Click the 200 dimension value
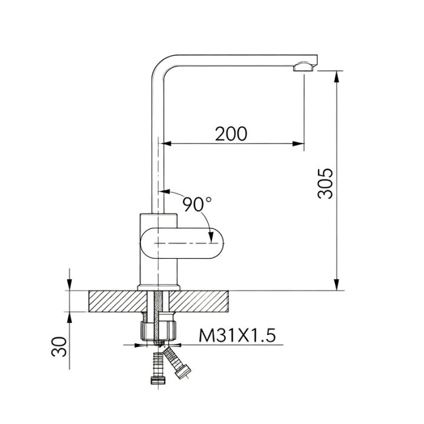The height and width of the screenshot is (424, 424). tap(231, 134)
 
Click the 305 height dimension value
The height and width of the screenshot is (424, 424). tap(325, 184)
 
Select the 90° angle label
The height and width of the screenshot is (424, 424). tap(197, 204)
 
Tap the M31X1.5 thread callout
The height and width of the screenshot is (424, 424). tap(237, 336)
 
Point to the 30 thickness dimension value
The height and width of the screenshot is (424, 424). tap(59, 346)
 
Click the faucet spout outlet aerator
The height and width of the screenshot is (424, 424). tap(304, 67)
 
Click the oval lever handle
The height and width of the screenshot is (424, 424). tap(182, 243)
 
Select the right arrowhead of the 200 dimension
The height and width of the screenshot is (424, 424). tap(298, 144)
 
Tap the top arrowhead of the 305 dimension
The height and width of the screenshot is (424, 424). tap(336, 78)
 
